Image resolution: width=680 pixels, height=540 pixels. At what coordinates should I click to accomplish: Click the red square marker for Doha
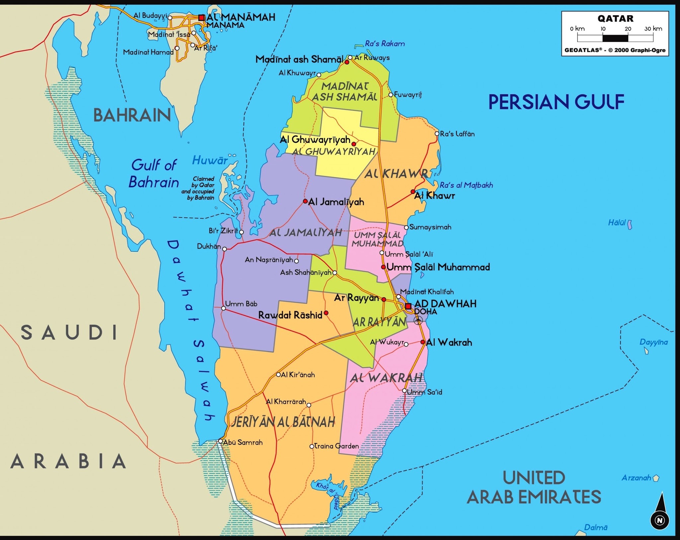tap(408, 306)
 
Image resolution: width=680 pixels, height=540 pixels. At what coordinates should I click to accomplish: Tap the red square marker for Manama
tap(202, 18)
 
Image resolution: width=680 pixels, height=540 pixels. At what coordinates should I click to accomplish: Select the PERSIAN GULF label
tap(556, 102)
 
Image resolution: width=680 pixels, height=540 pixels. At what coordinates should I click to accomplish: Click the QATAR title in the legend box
tap(615, 19)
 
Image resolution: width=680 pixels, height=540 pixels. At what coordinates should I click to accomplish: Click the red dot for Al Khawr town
tap(413, 192)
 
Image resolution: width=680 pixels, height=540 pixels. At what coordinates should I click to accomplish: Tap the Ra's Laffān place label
tap(457, 134)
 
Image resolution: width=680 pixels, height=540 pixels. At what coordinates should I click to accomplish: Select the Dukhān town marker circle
tap(224, 249)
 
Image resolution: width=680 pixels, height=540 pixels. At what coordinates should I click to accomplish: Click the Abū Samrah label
tap(243, 442)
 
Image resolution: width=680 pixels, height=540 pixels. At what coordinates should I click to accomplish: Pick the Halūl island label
tap(617, 223)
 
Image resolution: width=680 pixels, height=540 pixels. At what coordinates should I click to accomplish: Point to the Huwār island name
tap(210, 160)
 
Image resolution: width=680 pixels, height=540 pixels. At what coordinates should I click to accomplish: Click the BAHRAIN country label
tap(132, 115)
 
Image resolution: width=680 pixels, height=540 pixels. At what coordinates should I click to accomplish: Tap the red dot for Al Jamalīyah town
tap(305, 201)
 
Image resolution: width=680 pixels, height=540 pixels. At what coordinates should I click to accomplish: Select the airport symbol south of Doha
tap(418, 320)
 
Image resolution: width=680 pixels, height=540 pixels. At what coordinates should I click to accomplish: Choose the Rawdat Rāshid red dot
tap(326, 313)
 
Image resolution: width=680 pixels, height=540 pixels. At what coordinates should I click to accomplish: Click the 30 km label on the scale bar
tap(653, 29)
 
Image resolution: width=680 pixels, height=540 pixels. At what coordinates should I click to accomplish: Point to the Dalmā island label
tap(596, 527)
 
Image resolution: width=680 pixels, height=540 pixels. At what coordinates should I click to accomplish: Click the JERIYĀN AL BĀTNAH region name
tap(283, 422)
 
